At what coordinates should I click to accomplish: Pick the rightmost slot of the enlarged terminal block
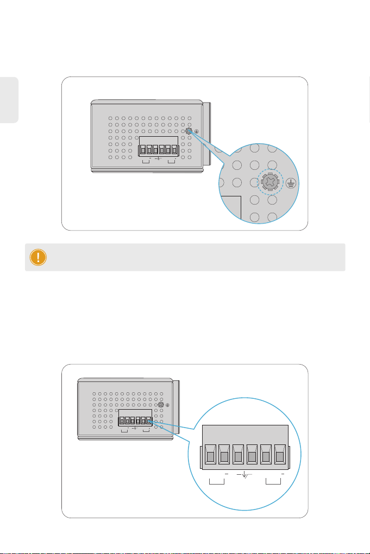pyautogui.click(x=280, y=456)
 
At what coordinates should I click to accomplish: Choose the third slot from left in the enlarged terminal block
pyautogui.click(x=238, y=456)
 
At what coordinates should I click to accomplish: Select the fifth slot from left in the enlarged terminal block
pyautogui.click(x=266, y=456)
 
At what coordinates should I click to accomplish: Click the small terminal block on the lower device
pyautogui.click(x=135, y=419)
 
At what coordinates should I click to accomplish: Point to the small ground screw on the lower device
pyautogui.click(x=161, y=405)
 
